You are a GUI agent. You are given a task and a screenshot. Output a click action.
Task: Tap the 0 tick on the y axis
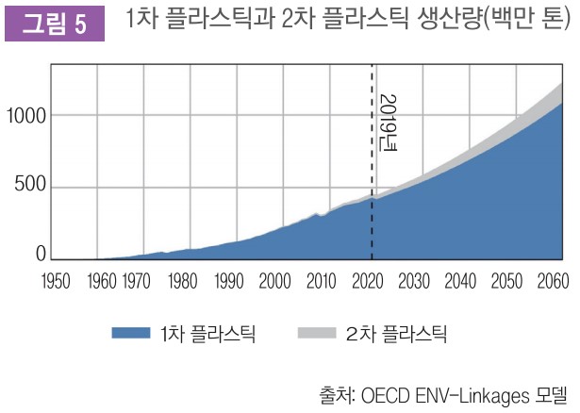tap(41, 254)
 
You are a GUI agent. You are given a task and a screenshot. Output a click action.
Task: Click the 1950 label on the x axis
tap(58, 280)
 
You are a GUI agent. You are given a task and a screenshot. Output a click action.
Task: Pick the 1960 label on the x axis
tap(104, 280)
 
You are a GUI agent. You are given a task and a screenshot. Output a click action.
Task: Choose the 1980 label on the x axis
tap(183, 280)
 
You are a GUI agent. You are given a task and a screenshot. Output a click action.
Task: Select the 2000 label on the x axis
tap(275, 280)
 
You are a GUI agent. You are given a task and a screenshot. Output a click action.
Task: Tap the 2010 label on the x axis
tap(322, 280)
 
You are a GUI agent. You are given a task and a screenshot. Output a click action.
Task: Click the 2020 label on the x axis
tap(368, 280)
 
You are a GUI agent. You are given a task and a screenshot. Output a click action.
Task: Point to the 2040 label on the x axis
tap(460, 280)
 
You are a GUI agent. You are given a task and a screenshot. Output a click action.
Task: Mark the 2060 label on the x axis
tap(551, 280)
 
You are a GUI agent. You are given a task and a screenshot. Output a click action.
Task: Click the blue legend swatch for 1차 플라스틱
tap(131, 332)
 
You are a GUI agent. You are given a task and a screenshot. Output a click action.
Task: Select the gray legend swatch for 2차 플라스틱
tap(316, 332)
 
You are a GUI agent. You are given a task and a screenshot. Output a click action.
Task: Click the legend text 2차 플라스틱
tap(396, 332)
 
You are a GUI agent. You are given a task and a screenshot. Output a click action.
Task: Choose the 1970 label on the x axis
tap(138, 280)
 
